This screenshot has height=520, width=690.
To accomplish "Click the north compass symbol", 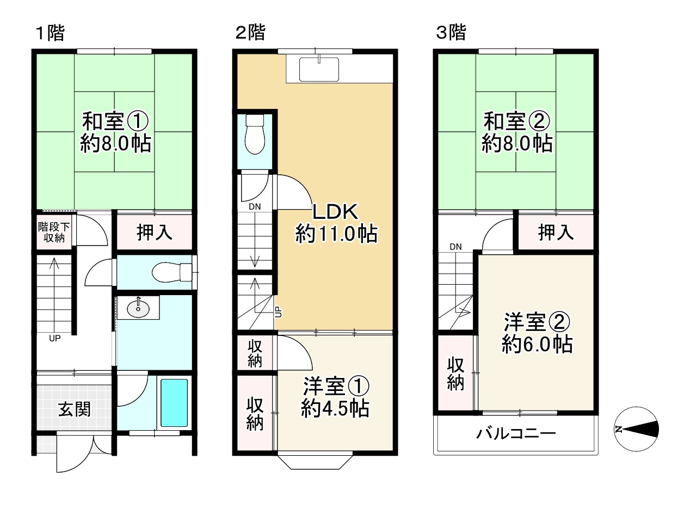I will coord(636,429).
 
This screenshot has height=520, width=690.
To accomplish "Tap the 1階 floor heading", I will coord(50,33).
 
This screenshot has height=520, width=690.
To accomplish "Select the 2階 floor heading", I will coord(250,33).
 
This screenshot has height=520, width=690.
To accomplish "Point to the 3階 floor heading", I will coord(451,33).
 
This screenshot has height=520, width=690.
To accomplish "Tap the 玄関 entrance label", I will coord(75,409).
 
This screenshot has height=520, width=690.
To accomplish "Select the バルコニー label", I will coord(516,433).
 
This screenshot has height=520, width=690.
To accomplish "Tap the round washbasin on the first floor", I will coord(138,309).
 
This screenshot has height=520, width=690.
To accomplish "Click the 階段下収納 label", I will coord(54,232).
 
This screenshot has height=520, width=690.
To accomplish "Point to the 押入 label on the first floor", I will coord(155,233).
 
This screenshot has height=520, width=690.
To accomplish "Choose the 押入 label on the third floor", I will coord(556,233).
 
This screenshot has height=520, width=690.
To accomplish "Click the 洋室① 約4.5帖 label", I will coord(336,397).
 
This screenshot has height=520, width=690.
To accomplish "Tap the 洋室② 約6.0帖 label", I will coord(537,333).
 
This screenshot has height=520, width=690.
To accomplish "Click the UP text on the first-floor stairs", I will coord(54,338).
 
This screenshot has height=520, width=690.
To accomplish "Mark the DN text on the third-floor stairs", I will coord(455,247).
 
